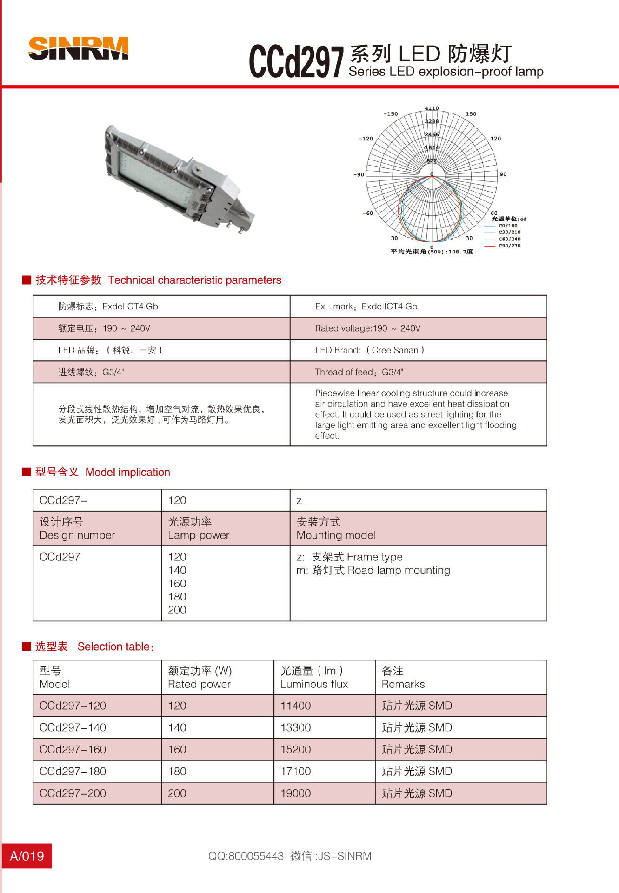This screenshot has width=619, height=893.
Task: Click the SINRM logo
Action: pos(78,48)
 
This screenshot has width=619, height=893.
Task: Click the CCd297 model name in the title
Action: pos(296,62)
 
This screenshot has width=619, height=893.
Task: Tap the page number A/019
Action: pos(27,856)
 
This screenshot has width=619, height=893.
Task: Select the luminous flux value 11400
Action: pos(296,706)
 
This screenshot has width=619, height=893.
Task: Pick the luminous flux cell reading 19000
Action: pos(296,793)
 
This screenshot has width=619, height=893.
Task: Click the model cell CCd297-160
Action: pos(73,749)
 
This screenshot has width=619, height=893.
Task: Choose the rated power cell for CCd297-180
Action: pos(177,771)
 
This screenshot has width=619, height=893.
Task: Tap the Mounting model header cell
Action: pos(336,528)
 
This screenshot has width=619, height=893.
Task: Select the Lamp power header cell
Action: pos(199,528)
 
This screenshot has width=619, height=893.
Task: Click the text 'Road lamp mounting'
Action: pos(399,570)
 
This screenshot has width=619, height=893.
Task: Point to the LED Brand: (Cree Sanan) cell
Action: pos(370,350)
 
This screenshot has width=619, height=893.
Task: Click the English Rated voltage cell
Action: pos(367,328)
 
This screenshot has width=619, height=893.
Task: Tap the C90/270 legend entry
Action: pos(509,246)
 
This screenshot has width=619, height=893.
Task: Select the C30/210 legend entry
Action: pos(509,232)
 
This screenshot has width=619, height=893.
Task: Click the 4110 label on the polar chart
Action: pos(432,108)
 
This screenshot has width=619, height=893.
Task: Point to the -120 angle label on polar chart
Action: pos(366,139)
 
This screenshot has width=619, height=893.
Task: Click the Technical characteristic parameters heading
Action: pos(194,280)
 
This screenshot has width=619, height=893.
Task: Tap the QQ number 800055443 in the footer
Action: pos(256,856)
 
